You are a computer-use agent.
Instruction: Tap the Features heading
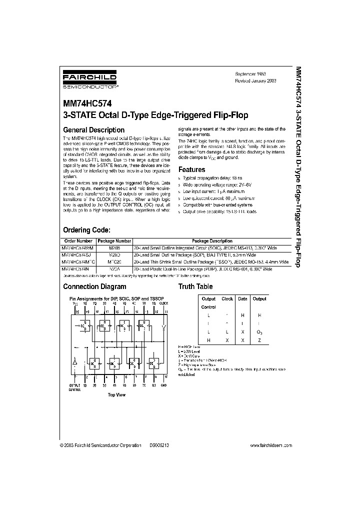[x=192, y=170]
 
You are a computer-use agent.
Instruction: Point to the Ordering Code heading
[x=86, y=230]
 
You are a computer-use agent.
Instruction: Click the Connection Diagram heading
[x=94, y=286]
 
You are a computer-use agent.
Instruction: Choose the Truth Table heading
[x=195, y=286]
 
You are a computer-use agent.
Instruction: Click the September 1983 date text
[x=251, y=73]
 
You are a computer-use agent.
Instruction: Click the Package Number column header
[x=116, y=241]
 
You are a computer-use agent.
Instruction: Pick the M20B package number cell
[x=115, y=247]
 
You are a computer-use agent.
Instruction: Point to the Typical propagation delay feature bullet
[x=214, y=178]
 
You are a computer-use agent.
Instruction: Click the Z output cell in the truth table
[x=259, y=339]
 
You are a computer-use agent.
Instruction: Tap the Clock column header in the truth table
[x=227, y=298]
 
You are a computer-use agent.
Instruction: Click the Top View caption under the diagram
[x=116, y=394]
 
